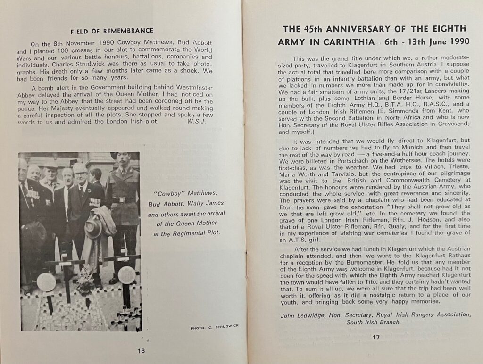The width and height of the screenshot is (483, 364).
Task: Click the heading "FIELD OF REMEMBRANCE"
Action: [x=112, y=31]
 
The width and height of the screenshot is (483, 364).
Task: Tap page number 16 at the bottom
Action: [x=141, y=350]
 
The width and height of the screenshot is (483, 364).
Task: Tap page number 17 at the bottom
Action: [x=375, y=337]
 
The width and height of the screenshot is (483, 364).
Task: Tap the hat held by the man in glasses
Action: [x=93, y=227]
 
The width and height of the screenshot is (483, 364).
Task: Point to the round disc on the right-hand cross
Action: [x=126, y=275]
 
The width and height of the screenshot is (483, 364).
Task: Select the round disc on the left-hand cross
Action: [x=46, y=281]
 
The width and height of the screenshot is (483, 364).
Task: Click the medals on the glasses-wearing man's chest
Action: [x=95, y=202]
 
